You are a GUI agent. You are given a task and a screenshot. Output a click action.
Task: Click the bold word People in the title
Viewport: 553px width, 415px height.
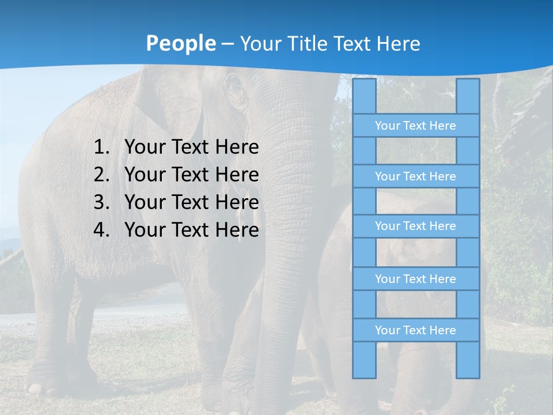[x=180, y=43]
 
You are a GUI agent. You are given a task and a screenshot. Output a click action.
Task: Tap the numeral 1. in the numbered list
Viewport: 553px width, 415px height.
[x=101, y=148]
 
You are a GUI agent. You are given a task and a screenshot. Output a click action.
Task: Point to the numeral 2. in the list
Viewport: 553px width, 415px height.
[x=101, y=175]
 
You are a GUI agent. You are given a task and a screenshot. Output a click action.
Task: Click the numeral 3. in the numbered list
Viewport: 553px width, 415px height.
[x=101, y=202]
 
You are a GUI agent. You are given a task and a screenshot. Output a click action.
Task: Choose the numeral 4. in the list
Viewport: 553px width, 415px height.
[x=101, y=230]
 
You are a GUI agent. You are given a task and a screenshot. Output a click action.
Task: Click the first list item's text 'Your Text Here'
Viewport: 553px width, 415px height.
[x=192, y=148]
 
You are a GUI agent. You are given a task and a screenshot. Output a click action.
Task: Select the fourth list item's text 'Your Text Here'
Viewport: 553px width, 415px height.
[x=192, y=230]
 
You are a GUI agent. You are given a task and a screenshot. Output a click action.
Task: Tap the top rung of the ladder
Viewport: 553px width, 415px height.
[x=415, y=126]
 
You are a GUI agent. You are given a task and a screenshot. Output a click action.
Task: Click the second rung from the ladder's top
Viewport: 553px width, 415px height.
[x=415, y=176]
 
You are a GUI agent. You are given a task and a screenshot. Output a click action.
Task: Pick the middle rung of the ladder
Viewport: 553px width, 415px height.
[x=415, y=226]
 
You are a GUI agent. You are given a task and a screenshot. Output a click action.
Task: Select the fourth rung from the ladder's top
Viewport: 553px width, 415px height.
[x=415, y=279]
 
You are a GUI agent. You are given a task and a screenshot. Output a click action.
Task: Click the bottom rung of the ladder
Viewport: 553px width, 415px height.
[x=415, y=330]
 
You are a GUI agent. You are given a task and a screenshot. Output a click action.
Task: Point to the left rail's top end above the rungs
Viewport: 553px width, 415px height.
[x=364, y=96]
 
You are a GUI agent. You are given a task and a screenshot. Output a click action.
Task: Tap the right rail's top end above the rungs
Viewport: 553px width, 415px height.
[x=468, y=96]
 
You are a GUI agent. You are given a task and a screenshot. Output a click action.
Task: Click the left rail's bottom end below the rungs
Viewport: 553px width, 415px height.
[x=364, y=360]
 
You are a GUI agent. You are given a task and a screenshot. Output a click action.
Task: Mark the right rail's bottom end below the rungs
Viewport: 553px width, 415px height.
[x=468, y=360]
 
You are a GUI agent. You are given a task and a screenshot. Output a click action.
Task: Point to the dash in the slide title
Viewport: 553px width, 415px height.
[x=227, y=44]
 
